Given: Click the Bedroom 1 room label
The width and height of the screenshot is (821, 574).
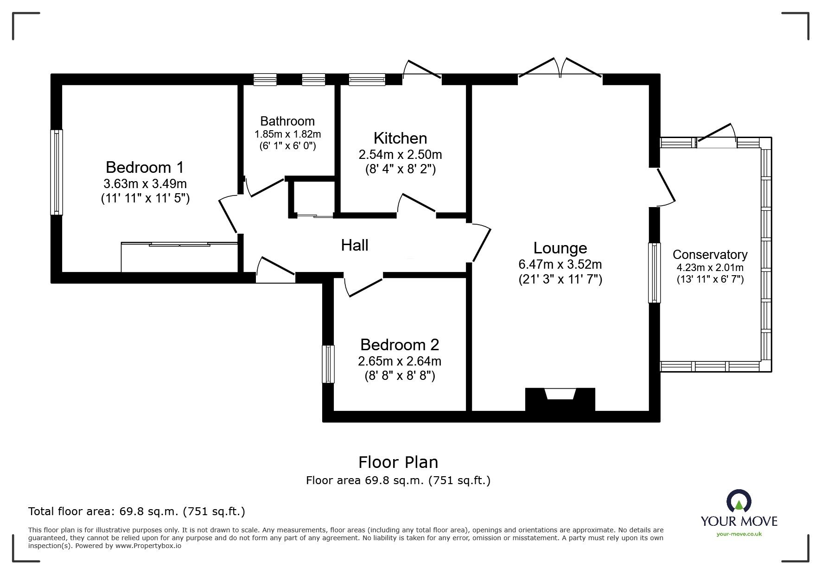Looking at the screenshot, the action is pyautogui.click(x=145, y=167).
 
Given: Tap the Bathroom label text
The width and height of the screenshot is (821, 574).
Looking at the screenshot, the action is pyautogui.click(x=287, y=121).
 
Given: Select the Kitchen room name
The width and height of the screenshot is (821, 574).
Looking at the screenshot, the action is pyautogui.click(x=400, y=138).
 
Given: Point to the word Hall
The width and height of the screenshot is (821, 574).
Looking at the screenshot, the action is pyautogui.click(x=355, y=245).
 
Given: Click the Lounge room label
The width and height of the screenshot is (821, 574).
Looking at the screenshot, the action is pyautogui.click(x=560, y=248).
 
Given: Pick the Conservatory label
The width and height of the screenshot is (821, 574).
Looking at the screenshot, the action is pyautogui.click(x=710, y=255).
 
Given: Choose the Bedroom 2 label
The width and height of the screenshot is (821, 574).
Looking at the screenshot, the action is pyautogui.click(x=400, y=345).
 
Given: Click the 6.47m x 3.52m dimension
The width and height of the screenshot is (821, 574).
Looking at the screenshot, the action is pyautogui.click(x=560, y=265).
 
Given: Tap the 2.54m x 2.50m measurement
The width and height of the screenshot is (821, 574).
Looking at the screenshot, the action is pyautogui.click(x=400, y=154).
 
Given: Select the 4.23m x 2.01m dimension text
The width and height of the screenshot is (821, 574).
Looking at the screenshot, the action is pyautogui.click(x=710, y=268).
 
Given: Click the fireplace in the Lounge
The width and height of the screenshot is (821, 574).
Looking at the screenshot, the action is pyautogui.click(x=560, y=399).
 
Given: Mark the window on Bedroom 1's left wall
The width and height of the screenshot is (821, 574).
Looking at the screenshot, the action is pyautogui.click(x=57, y=172).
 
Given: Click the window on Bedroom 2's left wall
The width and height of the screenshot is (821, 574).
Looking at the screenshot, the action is pyautogui.click(x=328, y=364).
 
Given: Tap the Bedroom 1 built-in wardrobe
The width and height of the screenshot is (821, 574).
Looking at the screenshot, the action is pyautogui.click(x=179, y=257).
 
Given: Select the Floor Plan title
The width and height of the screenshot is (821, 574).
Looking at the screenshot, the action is pyautogui.click(x=398, y=462).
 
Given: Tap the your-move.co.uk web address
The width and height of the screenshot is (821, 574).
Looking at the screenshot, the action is pyautogui.click(x=739, y=534).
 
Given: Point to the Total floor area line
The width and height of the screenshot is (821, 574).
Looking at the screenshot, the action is pyautogui.click(x=137, y=511).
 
